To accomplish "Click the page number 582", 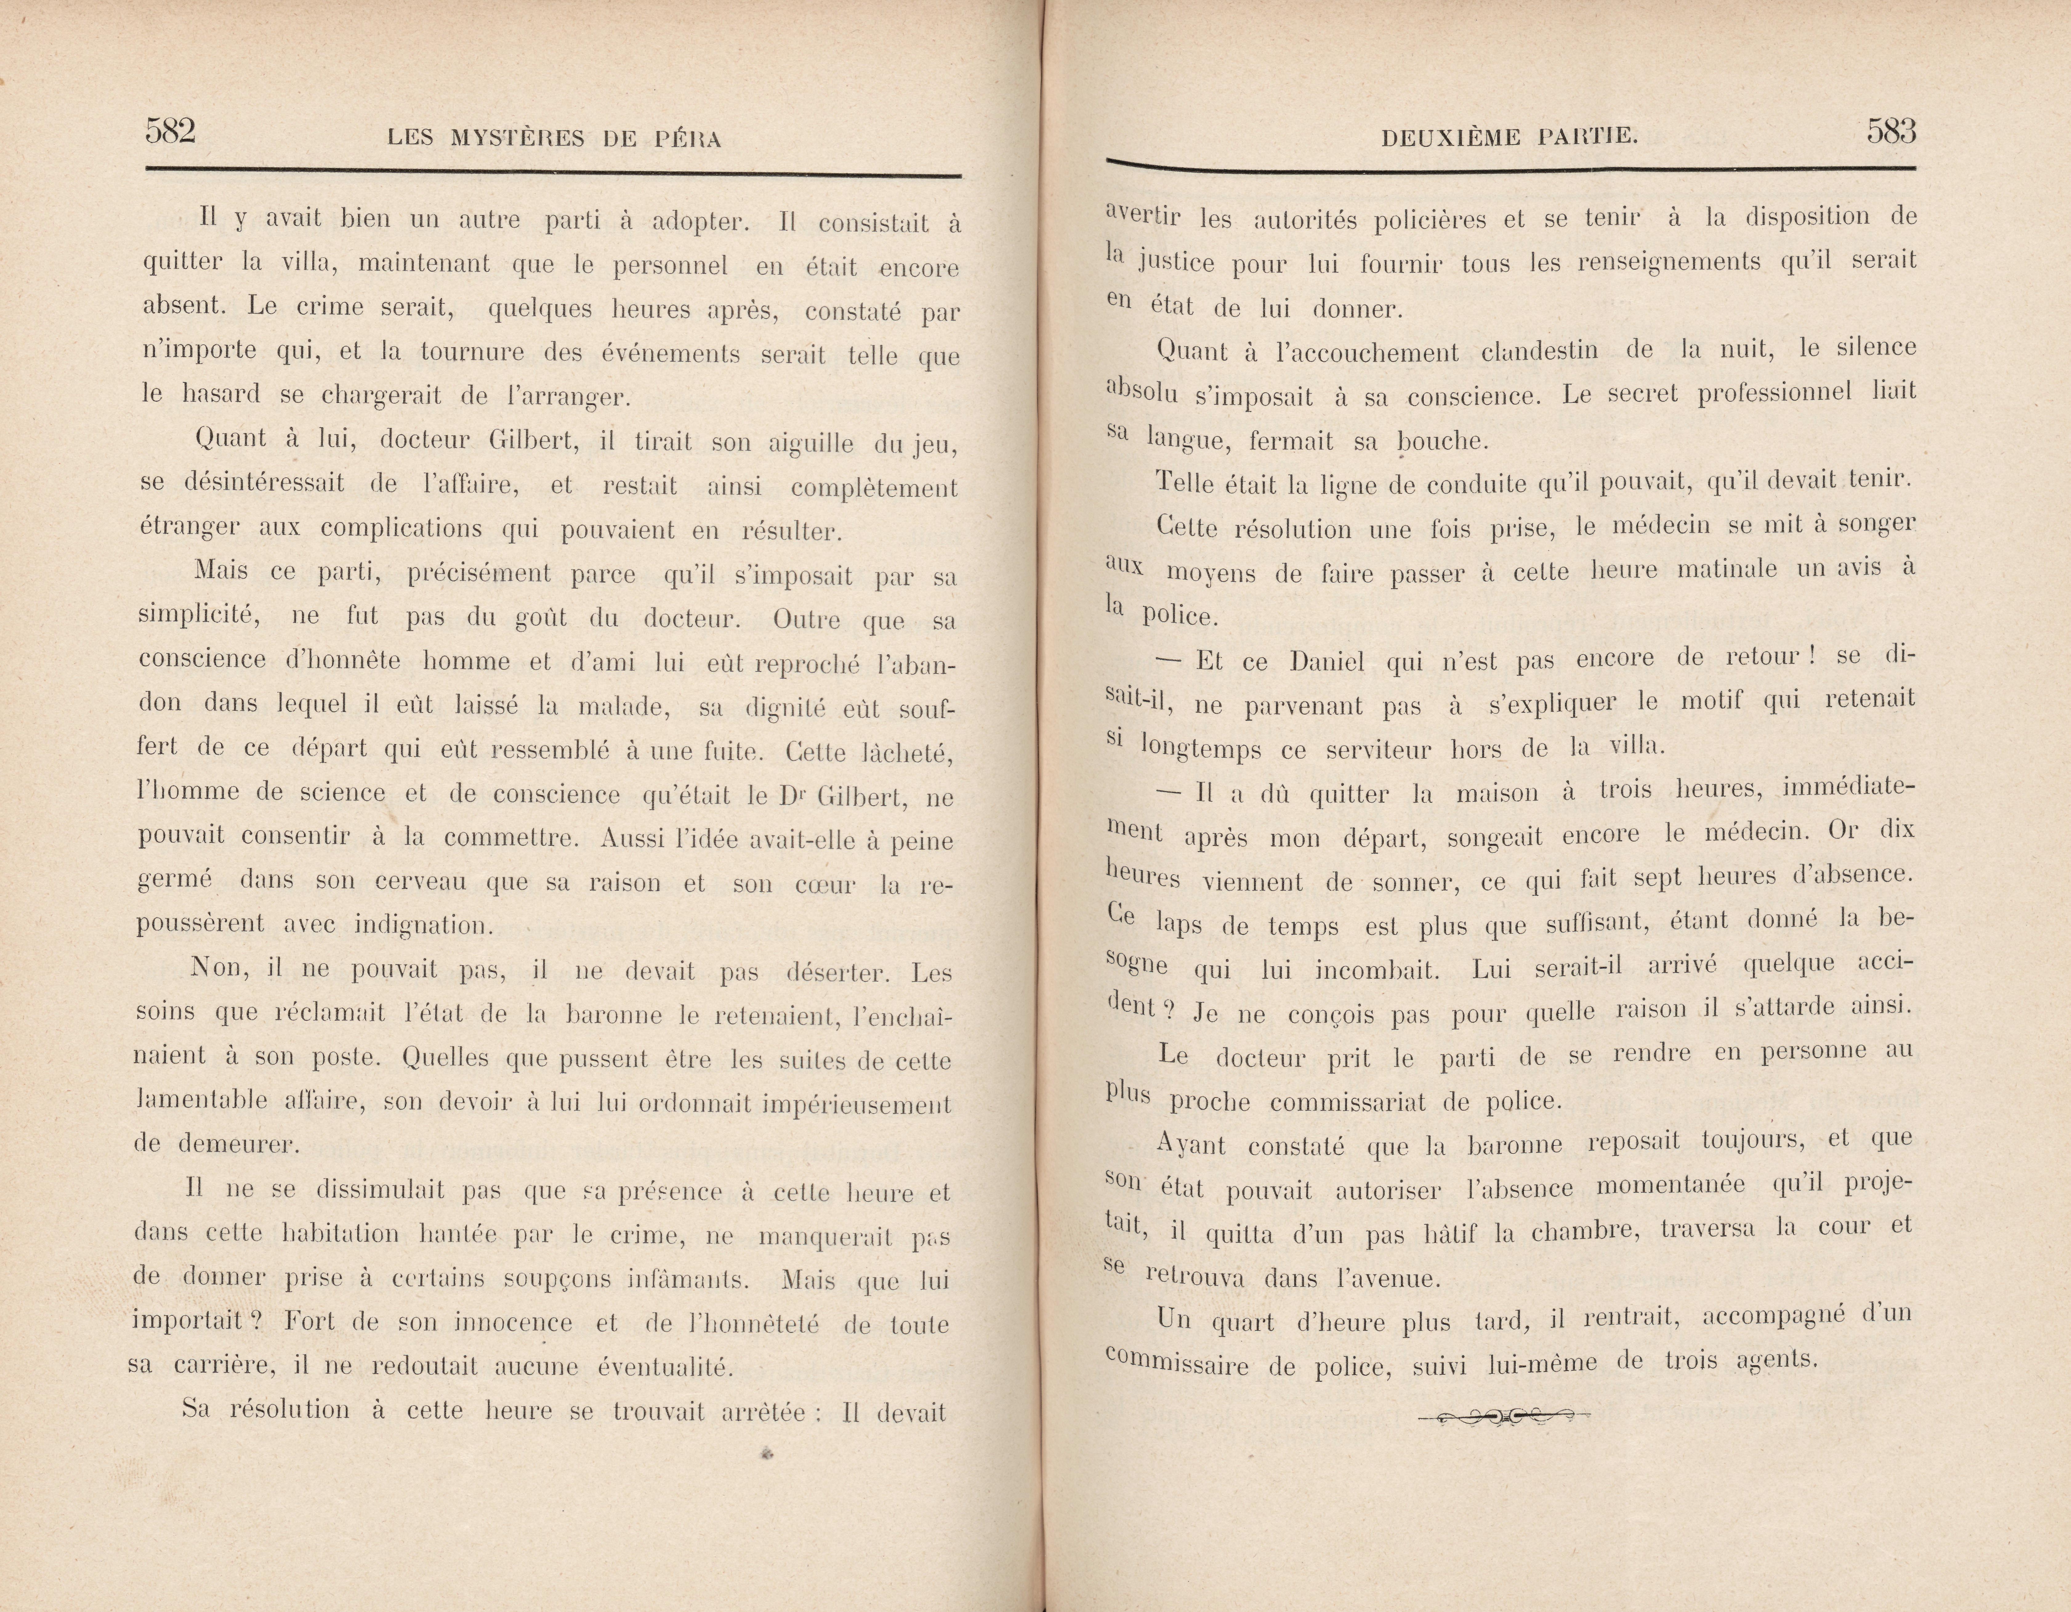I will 171,131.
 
